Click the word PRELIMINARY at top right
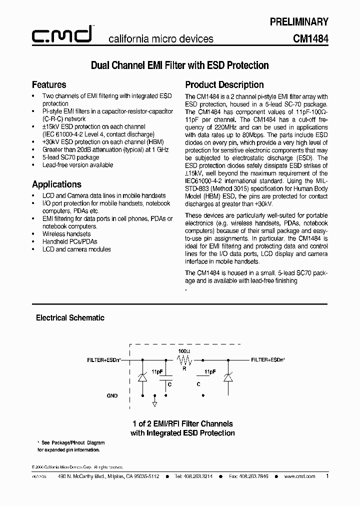tap(298, 21)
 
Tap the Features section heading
tap(49, 84)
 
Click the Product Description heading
tap(224, 84)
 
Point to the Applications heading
tap(56, 184)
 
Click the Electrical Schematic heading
tap(70, 317)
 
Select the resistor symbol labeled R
tap(184, 359)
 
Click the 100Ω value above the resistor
tap(184, 351)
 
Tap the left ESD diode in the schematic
tap(142, 379)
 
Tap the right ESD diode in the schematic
tap(229, 379)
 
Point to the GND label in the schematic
tap(112, 395)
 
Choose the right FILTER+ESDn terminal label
tap(268, 359)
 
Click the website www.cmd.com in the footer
tap(299, 476)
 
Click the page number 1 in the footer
tap(327, 476)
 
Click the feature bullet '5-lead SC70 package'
tap(70, 157)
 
